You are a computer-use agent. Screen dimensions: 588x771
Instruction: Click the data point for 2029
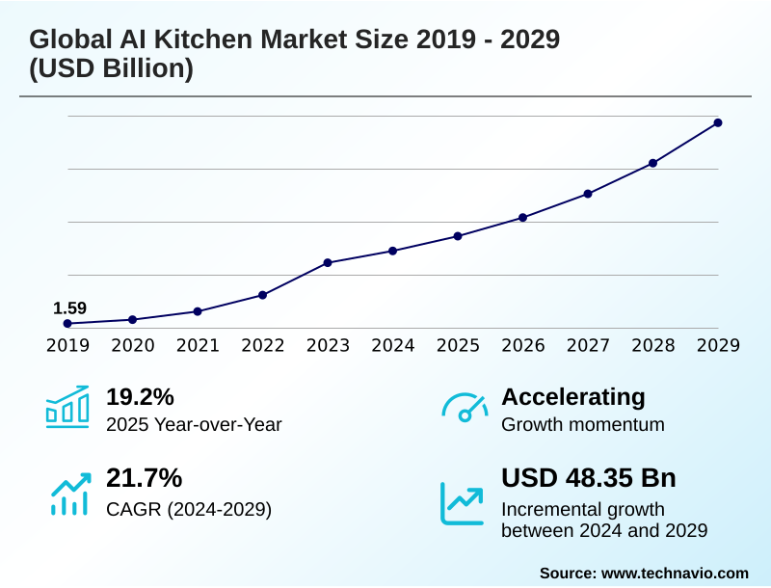coord(718,122)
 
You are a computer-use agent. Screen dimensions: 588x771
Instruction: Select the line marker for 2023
coord(328,262)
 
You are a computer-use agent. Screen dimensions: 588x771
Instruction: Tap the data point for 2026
coord(522,217)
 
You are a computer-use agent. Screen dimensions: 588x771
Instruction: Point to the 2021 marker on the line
coord(198,311)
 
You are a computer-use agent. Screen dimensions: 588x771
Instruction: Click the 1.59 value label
coord(69,308)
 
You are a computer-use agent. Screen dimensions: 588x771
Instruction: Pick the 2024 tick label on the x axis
coord(392,345)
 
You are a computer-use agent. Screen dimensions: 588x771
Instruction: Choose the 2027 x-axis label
coord(588,345)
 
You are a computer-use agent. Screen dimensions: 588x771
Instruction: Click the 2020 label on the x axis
coord(132,345)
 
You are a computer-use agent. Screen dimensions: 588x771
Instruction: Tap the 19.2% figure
coord(140,397)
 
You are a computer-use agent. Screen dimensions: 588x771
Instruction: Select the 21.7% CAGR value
coord(144,478)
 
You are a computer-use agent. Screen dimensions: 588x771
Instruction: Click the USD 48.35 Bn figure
coord(589,478)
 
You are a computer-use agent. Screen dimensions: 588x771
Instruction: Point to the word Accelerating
coord(573,397)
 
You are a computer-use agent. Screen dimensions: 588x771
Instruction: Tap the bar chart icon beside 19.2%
coord(67,407)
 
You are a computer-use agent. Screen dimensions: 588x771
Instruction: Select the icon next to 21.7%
coord(68,492)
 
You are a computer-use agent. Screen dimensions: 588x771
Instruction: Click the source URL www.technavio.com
coord(675,573)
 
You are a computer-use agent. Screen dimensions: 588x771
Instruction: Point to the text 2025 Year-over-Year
coord(194,424)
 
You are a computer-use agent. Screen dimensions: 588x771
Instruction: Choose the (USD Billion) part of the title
coord(111,69)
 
